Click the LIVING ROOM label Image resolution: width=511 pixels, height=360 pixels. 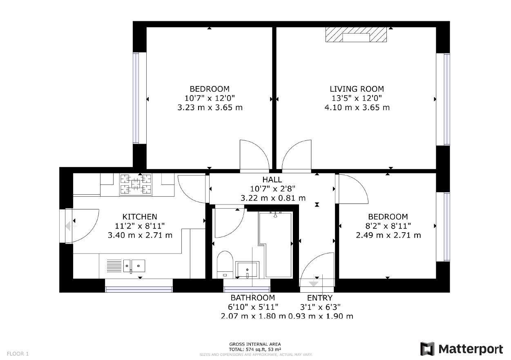pos(357,89)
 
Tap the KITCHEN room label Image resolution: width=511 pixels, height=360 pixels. pos(140,217)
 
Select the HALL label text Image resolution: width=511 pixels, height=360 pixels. pos(272,180)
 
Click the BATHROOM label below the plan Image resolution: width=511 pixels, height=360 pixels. pos(252,298)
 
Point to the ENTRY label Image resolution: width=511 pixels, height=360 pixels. pos(320,298)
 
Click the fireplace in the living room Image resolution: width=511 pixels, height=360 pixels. pos(356,35)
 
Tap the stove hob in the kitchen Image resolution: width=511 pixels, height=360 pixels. pos(136,184)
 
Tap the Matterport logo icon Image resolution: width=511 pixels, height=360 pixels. pos(428,349)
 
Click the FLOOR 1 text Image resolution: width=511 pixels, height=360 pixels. pos(18,354)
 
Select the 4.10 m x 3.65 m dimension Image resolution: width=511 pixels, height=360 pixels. pos(357,108)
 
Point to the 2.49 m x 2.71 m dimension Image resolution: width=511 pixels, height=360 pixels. pos(388,235)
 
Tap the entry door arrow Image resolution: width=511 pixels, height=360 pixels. pos(314,282)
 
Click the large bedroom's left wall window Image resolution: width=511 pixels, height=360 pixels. pos(136,98)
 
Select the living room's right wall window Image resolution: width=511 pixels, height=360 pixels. pos(446,99)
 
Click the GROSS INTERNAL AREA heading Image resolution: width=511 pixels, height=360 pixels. pos(255,344)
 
